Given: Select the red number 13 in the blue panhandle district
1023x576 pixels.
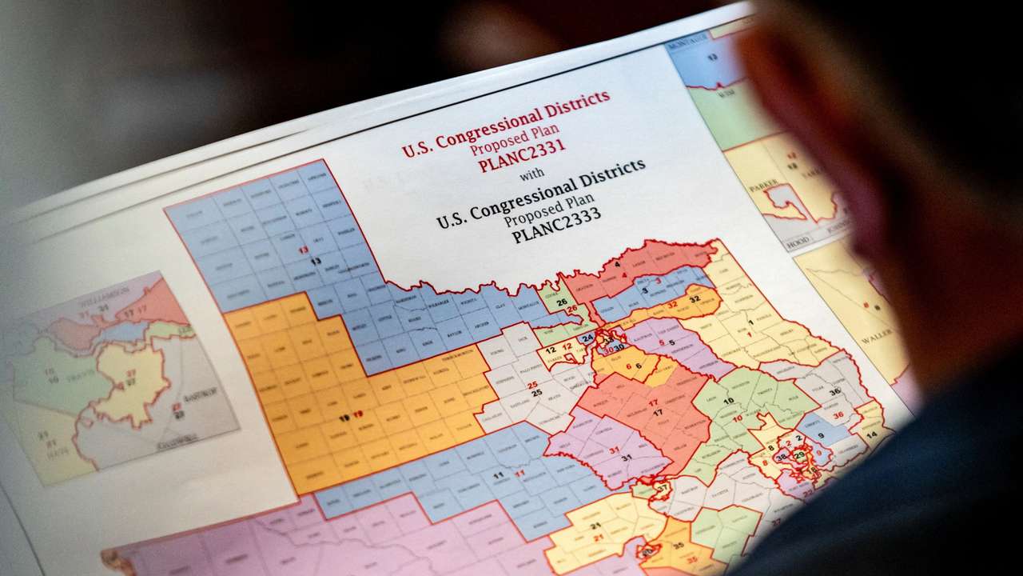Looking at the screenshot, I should point(303,250).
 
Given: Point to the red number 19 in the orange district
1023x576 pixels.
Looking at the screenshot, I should point(357,414).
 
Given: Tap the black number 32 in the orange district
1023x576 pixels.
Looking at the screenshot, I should point(694,298).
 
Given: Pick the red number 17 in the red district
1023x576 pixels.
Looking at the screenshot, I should point(653,402).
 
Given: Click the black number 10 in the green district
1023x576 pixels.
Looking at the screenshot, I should point(727,401).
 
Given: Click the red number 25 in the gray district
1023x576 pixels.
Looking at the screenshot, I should point(533,385).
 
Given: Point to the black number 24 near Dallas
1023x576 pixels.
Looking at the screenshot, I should point(587,338).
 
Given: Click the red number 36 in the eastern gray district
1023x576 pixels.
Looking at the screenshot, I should point(838,414).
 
